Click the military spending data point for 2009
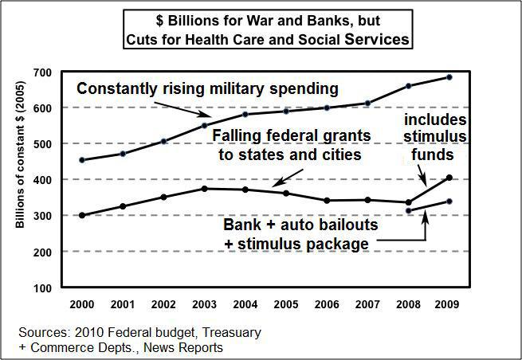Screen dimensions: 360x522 pyautogui.click(x=449, y=77)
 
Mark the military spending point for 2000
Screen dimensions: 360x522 pyautogui.click(x=82, y=160)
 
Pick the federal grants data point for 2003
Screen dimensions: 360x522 pyautogui.click(x=205, y=189)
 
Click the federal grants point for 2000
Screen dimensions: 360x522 pyautogui.click(x=82, y=215)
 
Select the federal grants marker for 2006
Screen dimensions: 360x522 pyautogui.click(x=328, y=201)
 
